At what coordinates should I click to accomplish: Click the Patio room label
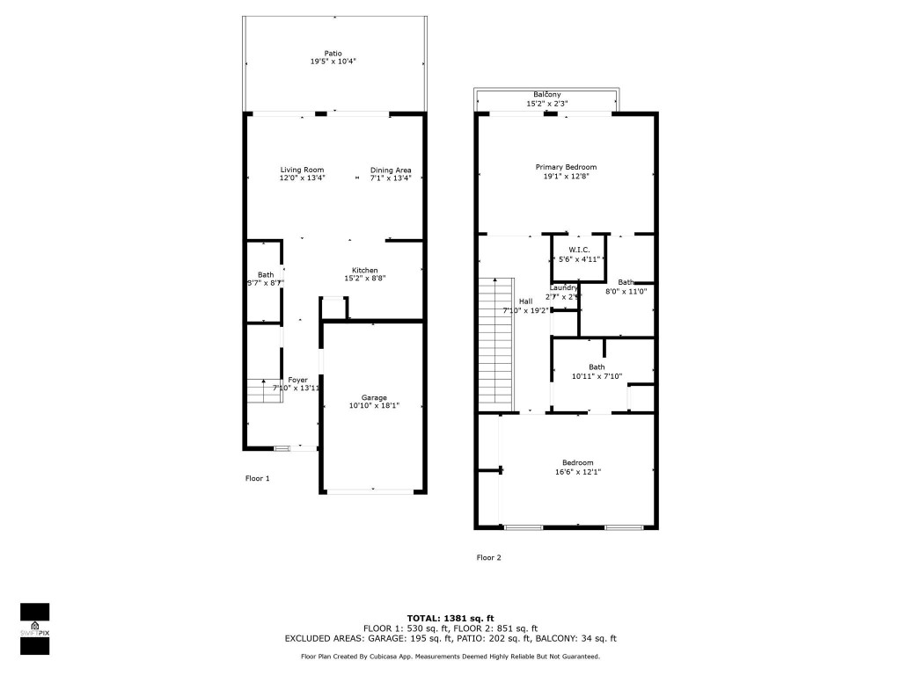(x=333, y=53)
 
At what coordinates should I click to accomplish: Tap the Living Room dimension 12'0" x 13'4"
(x=303, y=178)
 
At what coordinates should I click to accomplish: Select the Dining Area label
(x=391, y=170)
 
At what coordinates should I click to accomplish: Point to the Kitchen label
(x=365, y=270)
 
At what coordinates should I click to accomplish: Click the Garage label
(x=374, y=397)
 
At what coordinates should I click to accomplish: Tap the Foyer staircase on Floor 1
(x=263, y=391)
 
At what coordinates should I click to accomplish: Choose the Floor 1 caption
(x=257, y=478)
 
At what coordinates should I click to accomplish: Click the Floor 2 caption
(x=489, y=557)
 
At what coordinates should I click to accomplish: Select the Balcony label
(x=547, y=95)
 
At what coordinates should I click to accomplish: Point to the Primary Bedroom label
(x=567, y=167)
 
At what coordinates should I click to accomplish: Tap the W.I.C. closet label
(x=579, y=250)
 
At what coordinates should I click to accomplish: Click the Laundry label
(x=564, y=287)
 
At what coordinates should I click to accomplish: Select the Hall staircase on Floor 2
(x=496, y=343)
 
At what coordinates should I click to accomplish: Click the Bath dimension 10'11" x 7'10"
(x=597, y=376)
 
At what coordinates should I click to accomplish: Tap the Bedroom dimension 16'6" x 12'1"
(x=578, y=471)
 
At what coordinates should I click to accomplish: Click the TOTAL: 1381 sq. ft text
(x=450, y=618)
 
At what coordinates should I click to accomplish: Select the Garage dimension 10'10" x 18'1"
(x=374, y=405)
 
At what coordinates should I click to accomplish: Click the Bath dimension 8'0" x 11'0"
(x=626, y=291)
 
